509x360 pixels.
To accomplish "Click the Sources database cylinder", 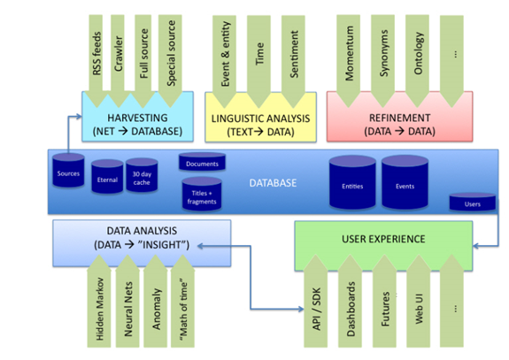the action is point(68,171).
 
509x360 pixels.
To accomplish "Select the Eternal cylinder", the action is point(107,177).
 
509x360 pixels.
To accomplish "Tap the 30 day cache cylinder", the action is point(142,175).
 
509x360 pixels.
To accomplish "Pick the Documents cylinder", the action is point(202,162).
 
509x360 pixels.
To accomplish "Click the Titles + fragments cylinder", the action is point(202,194).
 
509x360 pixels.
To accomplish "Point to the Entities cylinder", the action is point(352,182).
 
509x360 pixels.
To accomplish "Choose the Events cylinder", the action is point(405,182).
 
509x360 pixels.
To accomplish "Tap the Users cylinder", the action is point(473,202).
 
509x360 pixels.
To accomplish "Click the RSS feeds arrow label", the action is point(96,53).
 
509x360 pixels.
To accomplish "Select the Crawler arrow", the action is point(118,61).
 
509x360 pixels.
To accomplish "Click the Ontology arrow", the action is point(417,61).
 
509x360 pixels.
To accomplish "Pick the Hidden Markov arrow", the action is point(99,301).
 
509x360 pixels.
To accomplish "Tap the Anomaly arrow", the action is point(156,301).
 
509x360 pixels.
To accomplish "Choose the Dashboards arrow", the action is point(350,301).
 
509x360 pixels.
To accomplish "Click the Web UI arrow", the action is point(419,301).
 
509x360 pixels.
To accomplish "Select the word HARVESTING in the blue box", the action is point(137,118).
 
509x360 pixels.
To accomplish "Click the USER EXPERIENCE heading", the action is point(383,239).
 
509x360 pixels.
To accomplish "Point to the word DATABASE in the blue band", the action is point(273,183).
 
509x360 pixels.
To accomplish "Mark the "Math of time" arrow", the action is point(182,301).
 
